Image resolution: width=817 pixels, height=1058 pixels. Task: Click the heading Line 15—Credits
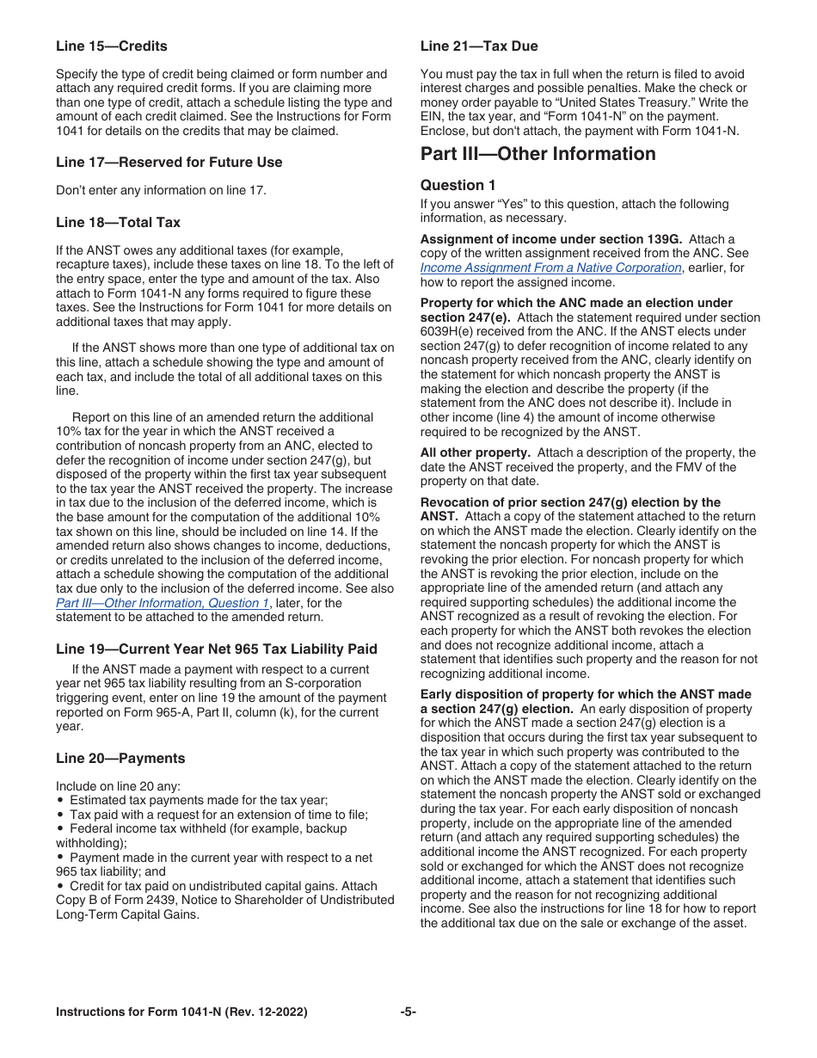(111, 46)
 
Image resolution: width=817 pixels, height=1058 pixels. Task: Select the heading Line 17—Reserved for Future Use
(169, 163)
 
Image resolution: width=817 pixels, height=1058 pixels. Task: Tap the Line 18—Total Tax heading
(118, 223)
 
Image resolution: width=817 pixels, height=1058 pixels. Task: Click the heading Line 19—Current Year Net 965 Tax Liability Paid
(216, 649)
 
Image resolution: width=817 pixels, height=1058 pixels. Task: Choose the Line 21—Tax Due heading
(479, 46)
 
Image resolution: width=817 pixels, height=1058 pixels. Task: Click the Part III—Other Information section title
(537, 154)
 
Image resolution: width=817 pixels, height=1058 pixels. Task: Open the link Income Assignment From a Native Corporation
(550, 268)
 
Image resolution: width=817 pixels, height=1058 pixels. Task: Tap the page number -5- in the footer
(408, 1012)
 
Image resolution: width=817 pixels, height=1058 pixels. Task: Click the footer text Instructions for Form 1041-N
(181, 1012)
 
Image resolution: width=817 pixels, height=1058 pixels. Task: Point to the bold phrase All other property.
(474, 452)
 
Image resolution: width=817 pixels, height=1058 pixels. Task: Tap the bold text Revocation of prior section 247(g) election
(570, 502)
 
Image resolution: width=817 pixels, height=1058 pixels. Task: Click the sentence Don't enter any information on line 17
(161, 190)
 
